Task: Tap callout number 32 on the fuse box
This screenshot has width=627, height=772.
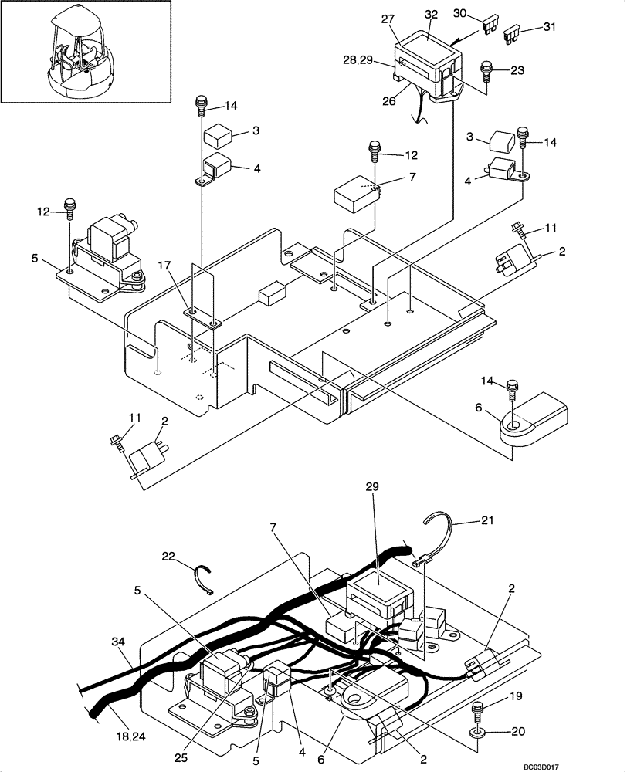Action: [x=431, y=15]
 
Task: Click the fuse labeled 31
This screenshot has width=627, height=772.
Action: [x=513, y=34]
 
